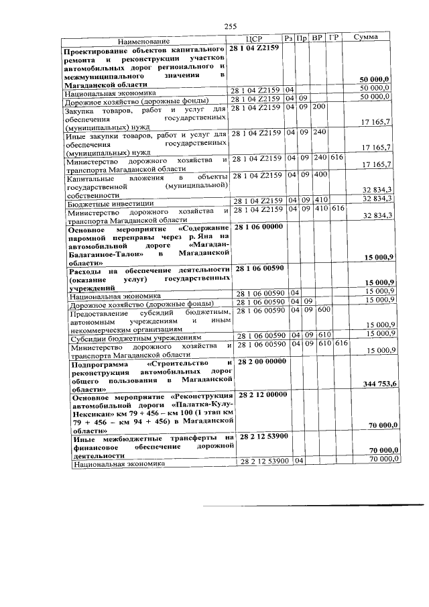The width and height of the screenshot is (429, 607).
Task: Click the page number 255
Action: click(231, 26)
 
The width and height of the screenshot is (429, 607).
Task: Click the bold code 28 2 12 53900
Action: click(262, 437)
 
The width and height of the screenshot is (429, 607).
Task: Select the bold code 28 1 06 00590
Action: click(261, 268)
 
